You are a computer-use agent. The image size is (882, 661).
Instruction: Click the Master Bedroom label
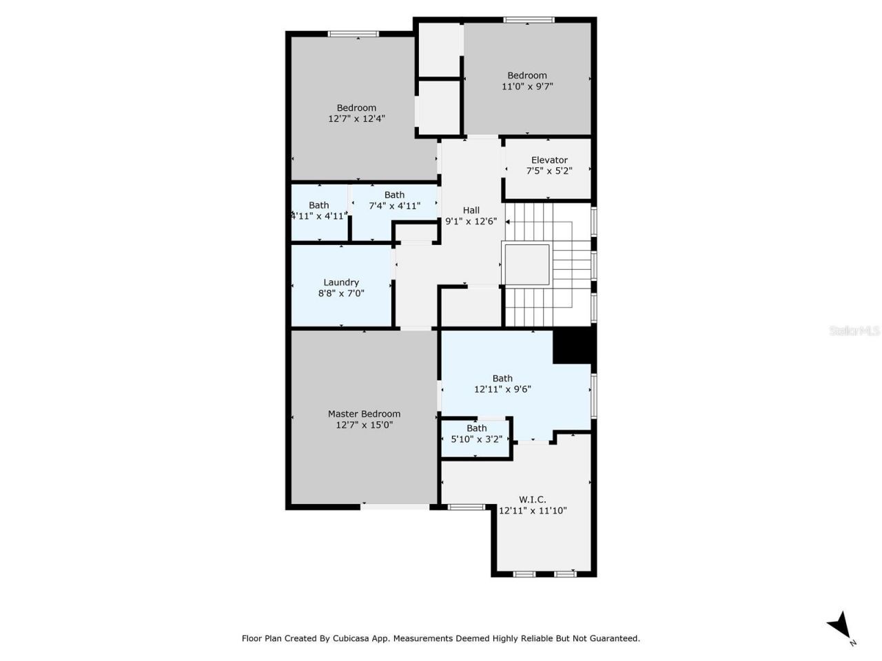pyautogui.click(x=364, y=414)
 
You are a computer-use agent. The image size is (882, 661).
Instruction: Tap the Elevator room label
pyautogui.click(x=549, y=160)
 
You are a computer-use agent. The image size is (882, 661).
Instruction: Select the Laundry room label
pyautogui.click(x=341, y=282)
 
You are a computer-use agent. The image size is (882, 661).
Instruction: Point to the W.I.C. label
pyautogui.click(x=533, y=499)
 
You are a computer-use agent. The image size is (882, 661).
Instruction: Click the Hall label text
pyautogui.click(x=471, y=210)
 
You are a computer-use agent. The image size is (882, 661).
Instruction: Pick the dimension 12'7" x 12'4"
pyautogui.click(x=356, y=118)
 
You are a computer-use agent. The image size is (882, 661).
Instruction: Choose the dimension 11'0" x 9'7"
pyautogui.click(x=527, y=87)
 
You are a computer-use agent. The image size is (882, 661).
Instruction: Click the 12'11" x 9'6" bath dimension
pyautogui.click(x=502, y=389)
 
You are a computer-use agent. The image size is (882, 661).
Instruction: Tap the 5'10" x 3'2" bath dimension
pyautogui.click(x=476, y=439)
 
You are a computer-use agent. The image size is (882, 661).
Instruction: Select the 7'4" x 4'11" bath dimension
pyautogui.click(x=394, y=206)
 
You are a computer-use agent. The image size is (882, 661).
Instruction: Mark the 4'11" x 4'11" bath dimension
pyautogui.click(x=318, y=216)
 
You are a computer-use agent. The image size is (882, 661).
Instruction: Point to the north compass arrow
pyautogui.click(x=839, y=625)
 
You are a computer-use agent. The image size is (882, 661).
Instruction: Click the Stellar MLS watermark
pyautogui.click(x=854, y=331)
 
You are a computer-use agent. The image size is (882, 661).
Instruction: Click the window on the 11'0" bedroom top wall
pyautogui.click(x=529, y=20)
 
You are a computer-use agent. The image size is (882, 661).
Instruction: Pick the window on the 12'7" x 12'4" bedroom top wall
pyautogui.click(x=353, y=34)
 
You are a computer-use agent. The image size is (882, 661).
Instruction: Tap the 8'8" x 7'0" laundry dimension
pyautogui.click(x=341, y=293)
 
